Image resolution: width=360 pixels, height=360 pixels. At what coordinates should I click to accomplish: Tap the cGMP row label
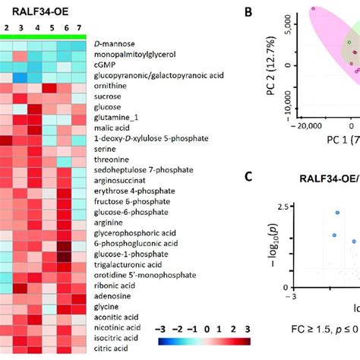104,65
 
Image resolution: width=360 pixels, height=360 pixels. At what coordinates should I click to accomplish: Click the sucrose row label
109,97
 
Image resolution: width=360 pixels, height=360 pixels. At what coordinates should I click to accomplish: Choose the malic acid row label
113,128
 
